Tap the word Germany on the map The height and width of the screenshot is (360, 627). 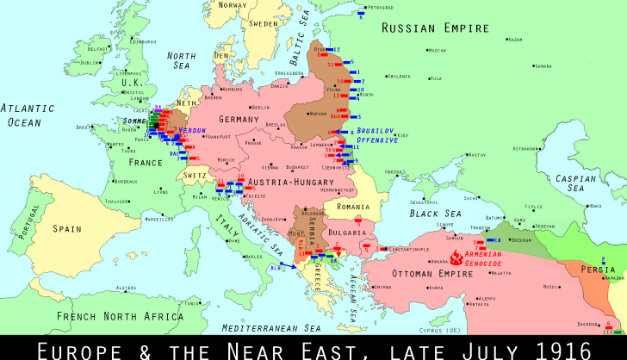[x=239, y=119]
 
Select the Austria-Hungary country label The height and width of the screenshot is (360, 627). [x=285, y=183]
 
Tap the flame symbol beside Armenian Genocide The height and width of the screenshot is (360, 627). [x=456, y=256]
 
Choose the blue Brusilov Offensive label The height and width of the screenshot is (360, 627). [x=377, y=135]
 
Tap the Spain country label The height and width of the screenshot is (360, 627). [x=66, y=229]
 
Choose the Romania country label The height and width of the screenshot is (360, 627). [x=353, y=208]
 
